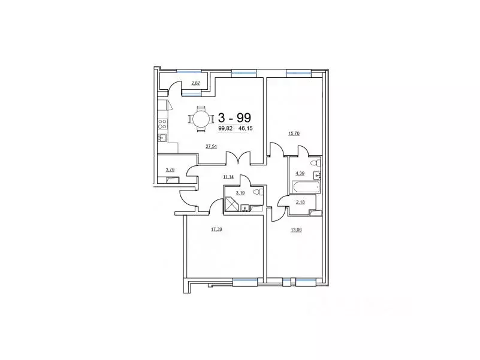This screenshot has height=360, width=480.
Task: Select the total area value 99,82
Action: (225, 128)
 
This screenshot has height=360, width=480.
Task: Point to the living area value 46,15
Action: (246, 128)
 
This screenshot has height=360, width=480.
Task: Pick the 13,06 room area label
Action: (296, 229)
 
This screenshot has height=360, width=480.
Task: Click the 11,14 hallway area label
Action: (228, 177)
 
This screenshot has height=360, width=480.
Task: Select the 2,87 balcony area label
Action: (195, 83)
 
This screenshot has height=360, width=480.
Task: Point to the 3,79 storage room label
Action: (170, 170)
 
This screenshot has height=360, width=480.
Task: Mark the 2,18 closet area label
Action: (300, 202)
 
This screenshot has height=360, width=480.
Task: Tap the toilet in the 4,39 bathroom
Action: (315, 162)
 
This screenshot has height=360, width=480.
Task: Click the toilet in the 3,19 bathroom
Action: (258, 192)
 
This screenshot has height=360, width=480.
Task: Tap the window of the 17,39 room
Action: (244, 279)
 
